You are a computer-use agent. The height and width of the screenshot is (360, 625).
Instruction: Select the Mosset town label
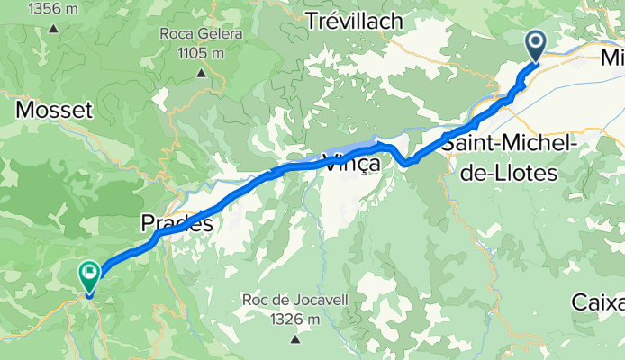[54, 111]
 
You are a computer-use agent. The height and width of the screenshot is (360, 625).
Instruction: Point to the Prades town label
[177, 222]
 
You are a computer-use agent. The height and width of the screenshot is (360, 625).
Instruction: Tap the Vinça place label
[347, 165]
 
